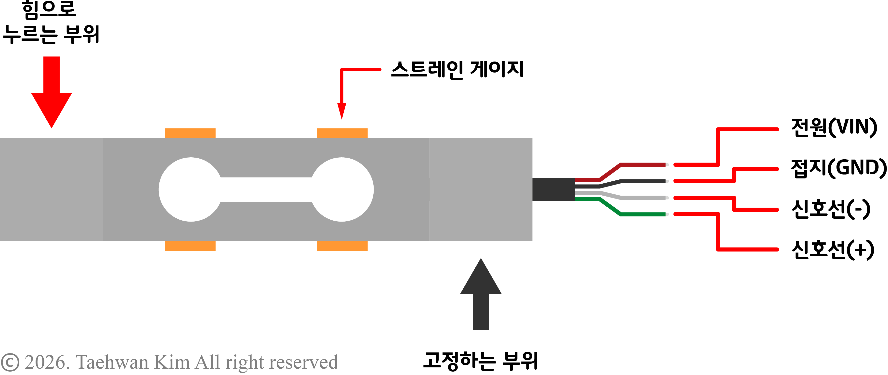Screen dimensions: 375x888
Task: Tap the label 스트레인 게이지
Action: (x=457, y=70)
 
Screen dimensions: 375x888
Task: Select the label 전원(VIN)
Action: (x=834, y=128)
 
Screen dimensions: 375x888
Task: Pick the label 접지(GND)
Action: (x=838, y=168)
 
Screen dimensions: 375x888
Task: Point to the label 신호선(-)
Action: (x=831, y=209)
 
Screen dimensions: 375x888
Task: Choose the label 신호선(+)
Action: (x=833, y=250)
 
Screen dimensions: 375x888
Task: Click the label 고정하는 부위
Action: (x=481, y=361)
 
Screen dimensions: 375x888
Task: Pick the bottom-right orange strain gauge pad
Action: (x=342, y=246)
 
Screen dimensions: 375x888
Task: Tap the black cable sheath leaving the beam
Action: (x=553, y=189)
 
